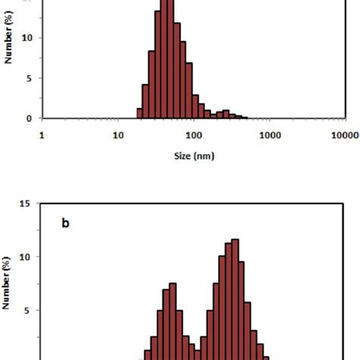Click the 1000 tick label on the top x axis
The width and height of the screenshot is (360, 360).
[270, 135]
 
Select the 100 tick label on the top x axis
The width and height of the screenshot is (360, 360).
[194, 135]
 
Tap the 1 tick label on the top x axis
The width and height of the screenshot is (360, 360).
[42, 135]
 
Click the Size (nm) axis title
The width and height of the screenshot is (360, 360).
[194, 156]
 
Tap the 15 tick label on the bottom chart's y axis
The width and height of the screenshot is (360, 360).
[25, 204]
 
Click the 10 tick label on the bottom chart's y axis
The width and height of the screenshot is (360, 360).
[25, 257]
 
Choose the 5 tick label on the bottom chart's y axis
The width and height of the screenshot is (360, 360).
[28, 310]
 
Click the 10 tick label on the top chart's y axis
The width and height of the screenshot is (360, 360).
[27, 37]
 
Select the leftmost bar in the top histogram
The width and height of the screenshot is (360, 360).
[140, 113]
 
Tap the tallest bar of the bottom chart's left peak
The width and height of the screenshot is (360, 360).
[172, 319]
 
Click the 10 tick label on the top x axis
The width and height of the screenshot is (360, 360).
[118, 135]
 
